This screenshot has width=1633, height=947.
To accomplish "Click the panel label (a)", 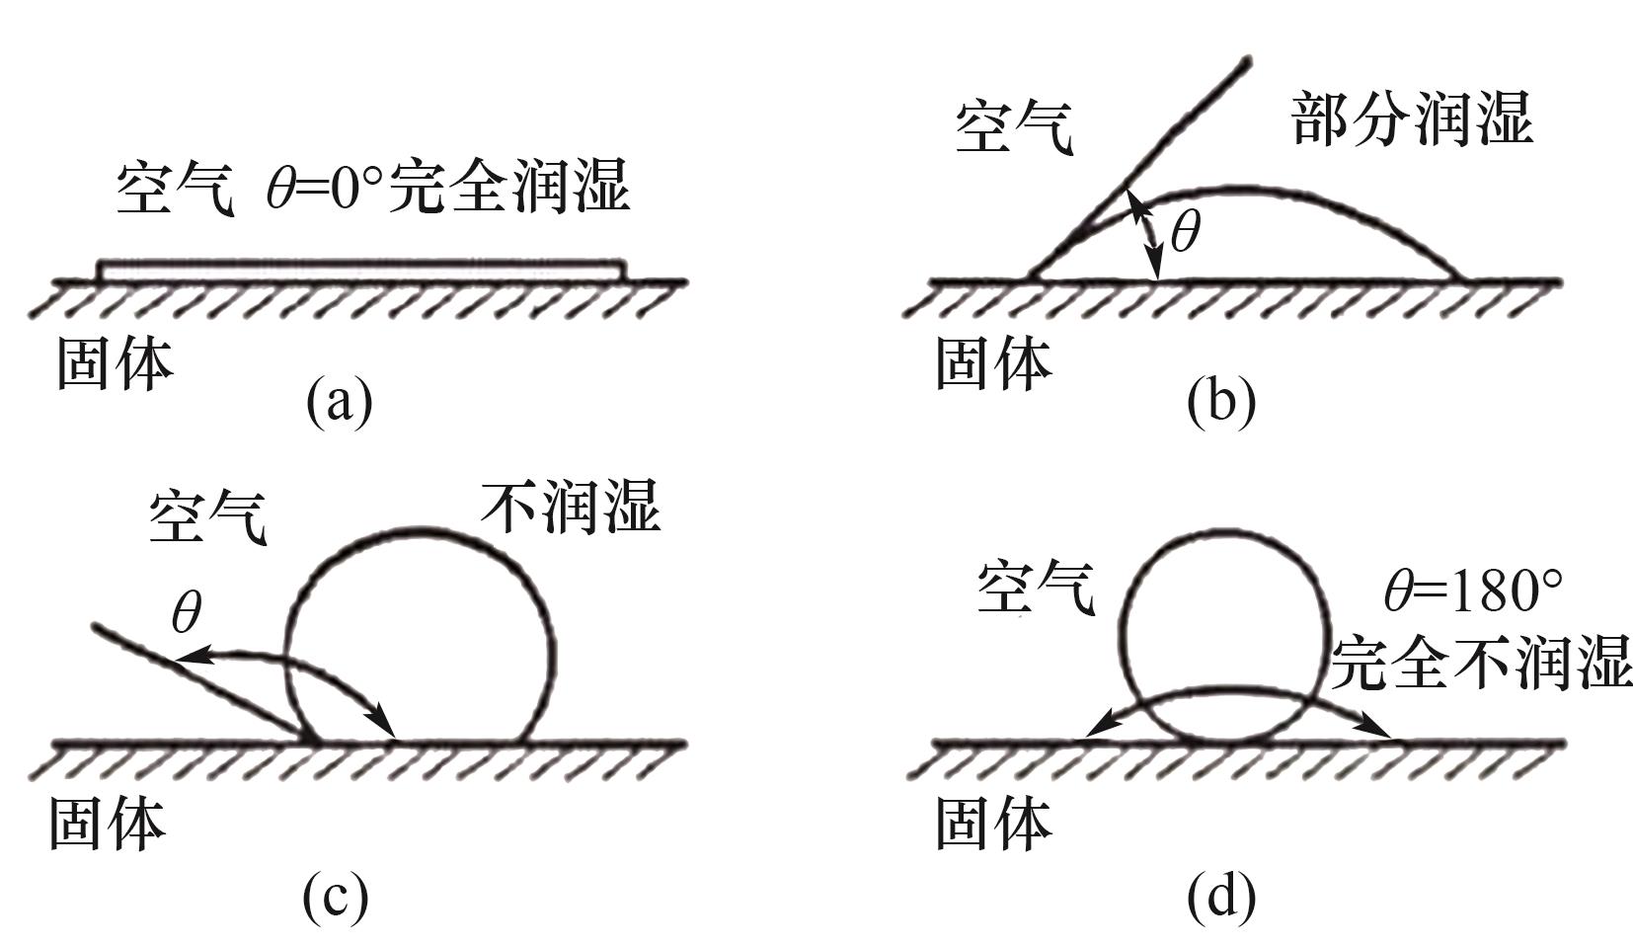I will [339, 400].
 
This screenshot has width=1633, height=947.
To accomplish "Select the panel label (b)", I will [1221, 400].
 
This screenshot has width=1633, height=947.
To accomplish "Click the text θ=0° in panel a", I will [324, 188].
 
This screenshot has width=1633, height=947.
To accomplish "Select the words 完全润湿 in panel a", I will [508, 188].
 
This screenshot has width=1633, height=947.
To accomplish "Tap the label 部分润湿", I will [1412, 119].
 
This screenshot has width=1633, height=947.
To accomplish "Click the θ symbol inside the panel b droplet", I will [1184, 234].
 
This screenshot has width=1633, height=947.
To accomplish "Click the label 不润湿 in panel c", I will [571, 508].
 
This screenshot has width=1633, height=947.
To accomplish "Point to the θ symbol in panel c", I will [187, 613].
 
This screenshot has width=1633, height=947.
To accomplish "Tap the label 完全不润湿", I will [1481, 662].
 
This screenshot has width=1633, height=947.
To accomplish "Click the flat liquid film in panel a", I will [361, 270].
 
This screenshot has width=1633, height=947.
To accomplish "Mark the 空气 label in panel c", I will [208, 516].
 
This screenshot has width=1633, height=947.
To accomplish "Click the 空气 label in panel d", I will [1037, 590].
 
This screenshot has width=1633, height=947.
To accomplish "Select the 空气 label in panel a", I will [175, 188].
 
